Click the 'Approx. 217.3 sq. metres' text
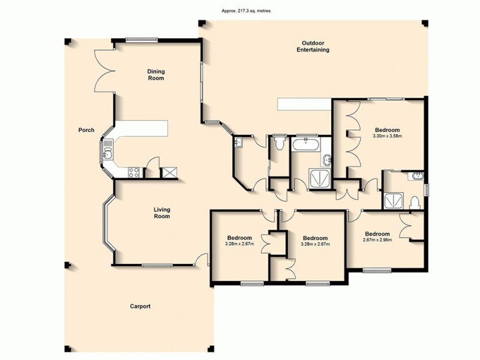(239, 11)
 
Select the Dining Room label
(156, 74)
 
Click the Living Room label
(161, 212)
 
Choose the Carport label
(140, 306)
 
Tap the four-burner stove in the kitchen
(134, 173)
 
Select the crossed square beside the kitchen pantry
(170, 173)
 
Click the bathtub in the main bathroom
(307, 143)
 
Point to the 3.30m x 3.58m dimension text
(388, 137)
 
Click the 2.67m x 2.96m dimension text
(377, 241)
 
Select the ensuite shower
(394, 199)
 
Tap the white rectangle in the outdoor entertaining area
(304, 105)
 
